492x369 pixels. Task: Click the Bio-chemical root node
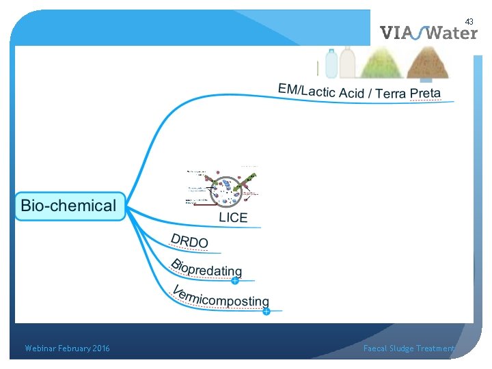(x=69, y=206)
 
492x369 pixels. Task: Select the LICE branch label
(x=233, y=217)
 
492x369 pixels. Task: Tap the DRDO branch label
(x=189, y=241)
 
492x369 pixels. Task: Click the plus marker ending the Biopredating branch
(x=234, y=280)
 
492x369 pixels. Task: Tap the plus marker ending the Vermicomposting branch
(x=266, y=312)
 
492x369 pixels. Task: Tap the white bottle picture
(x=347, y=62)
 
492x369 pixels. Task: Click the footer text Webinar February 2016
(x=67, y=348)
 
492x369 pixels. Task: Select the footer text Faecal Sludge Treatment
(x=409, y=348)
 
